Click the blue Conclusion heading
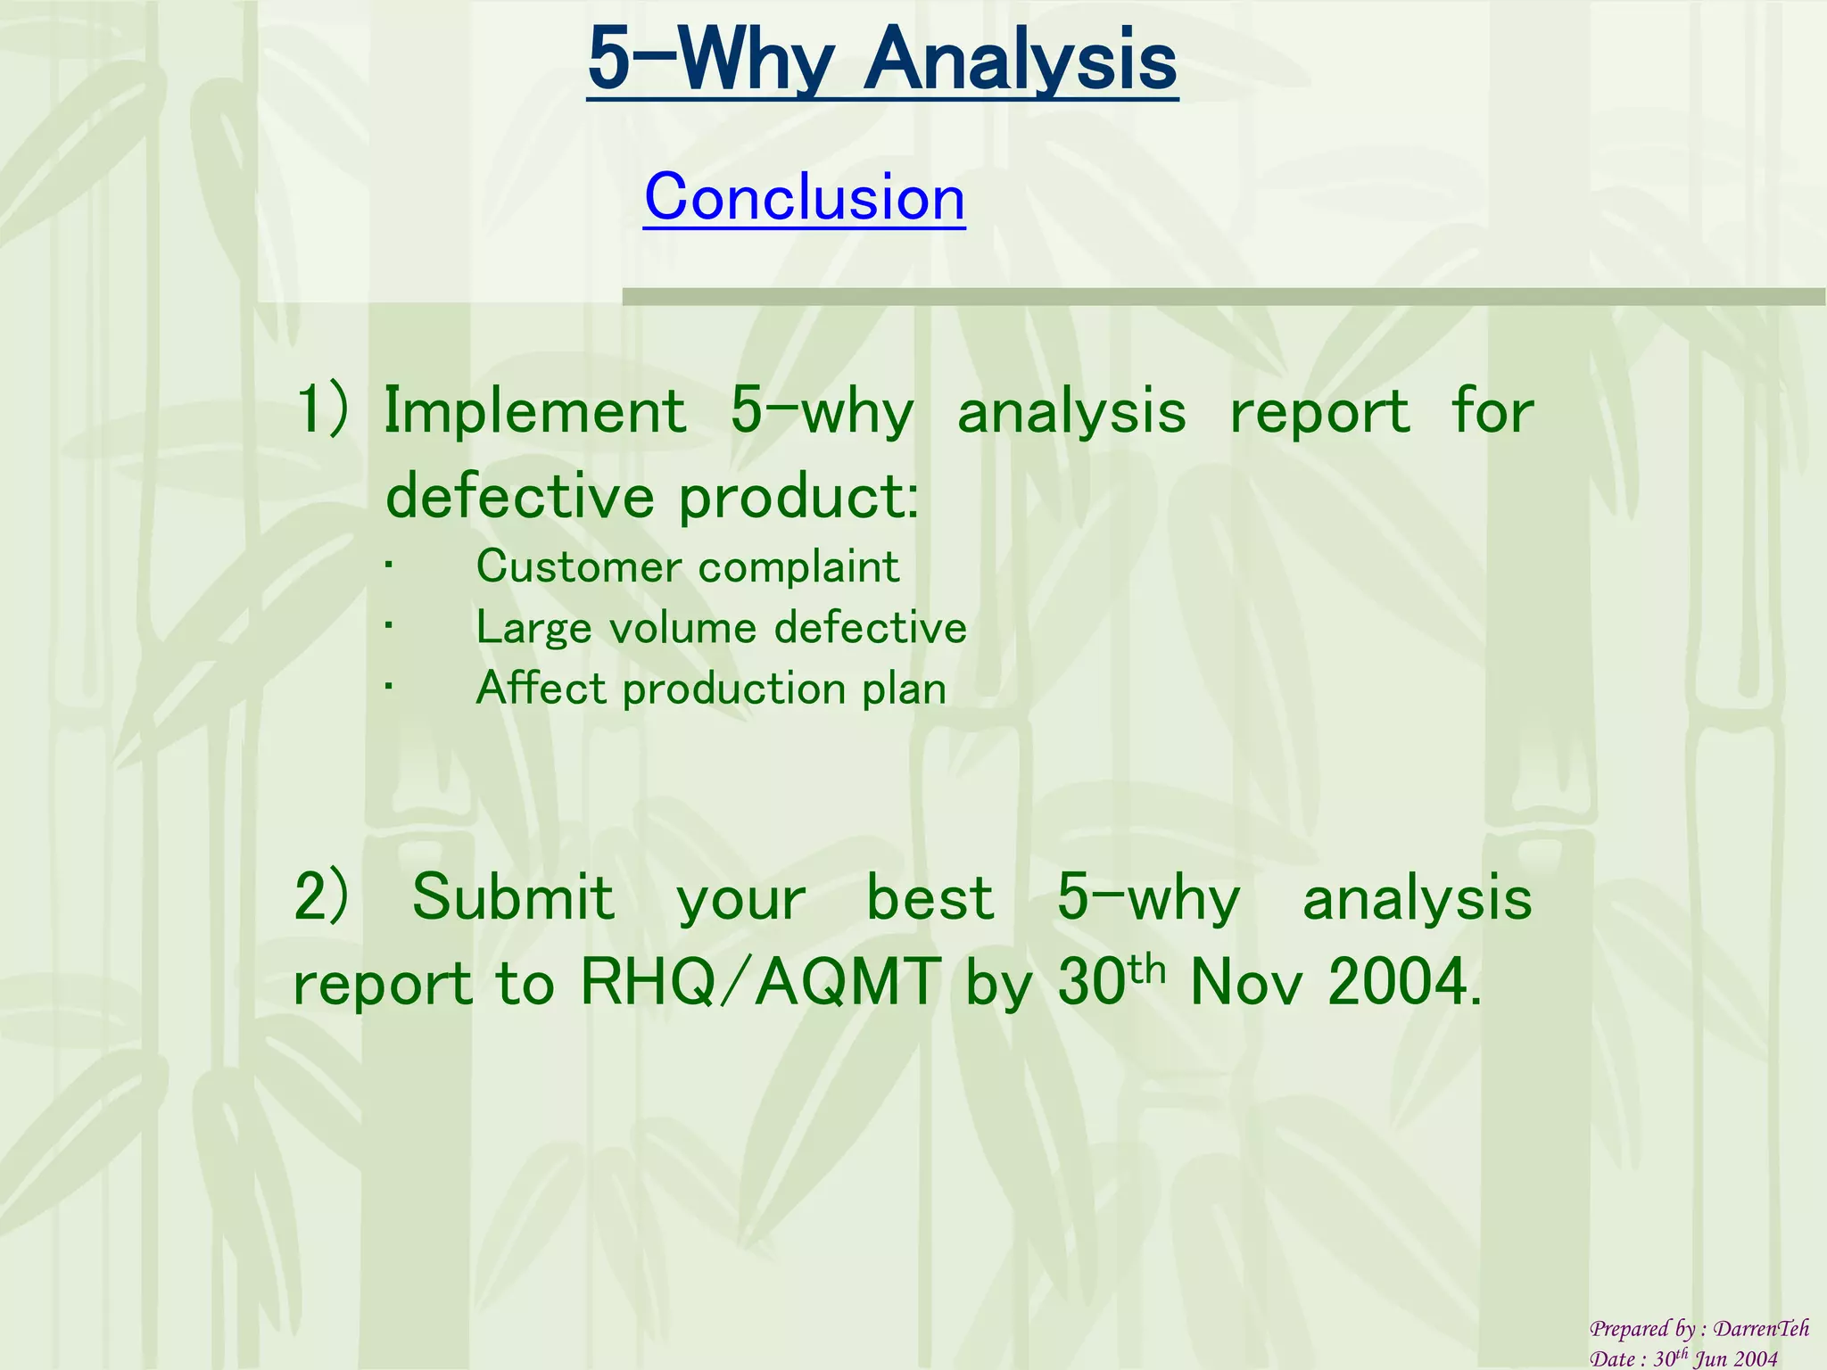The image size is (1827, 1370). pyautogui.click(x=804, y=197)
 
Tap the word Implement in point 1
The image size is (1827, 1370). pyautogui.click(x=534, y=411)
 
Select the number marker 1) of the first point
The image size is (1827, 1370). pyautogui.click(x=322, y=411)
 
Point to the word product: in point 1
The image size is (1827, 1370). pyautogui.click(x=798, y=498)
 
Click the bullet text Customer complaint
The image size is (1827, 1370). pyautogui.click(x=687, y=567)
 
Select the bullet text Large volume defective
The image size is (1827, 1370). pyautogui.click(x=721, y=628)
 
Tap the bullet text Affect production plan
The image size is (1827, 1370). pyautogui.click(x=710, y=689)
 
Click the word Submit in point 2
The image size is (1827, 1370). pyautogui.click(x=513, y=897)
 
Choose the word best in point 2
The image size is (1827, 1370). pyautogui.click(x=930, y=897)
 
